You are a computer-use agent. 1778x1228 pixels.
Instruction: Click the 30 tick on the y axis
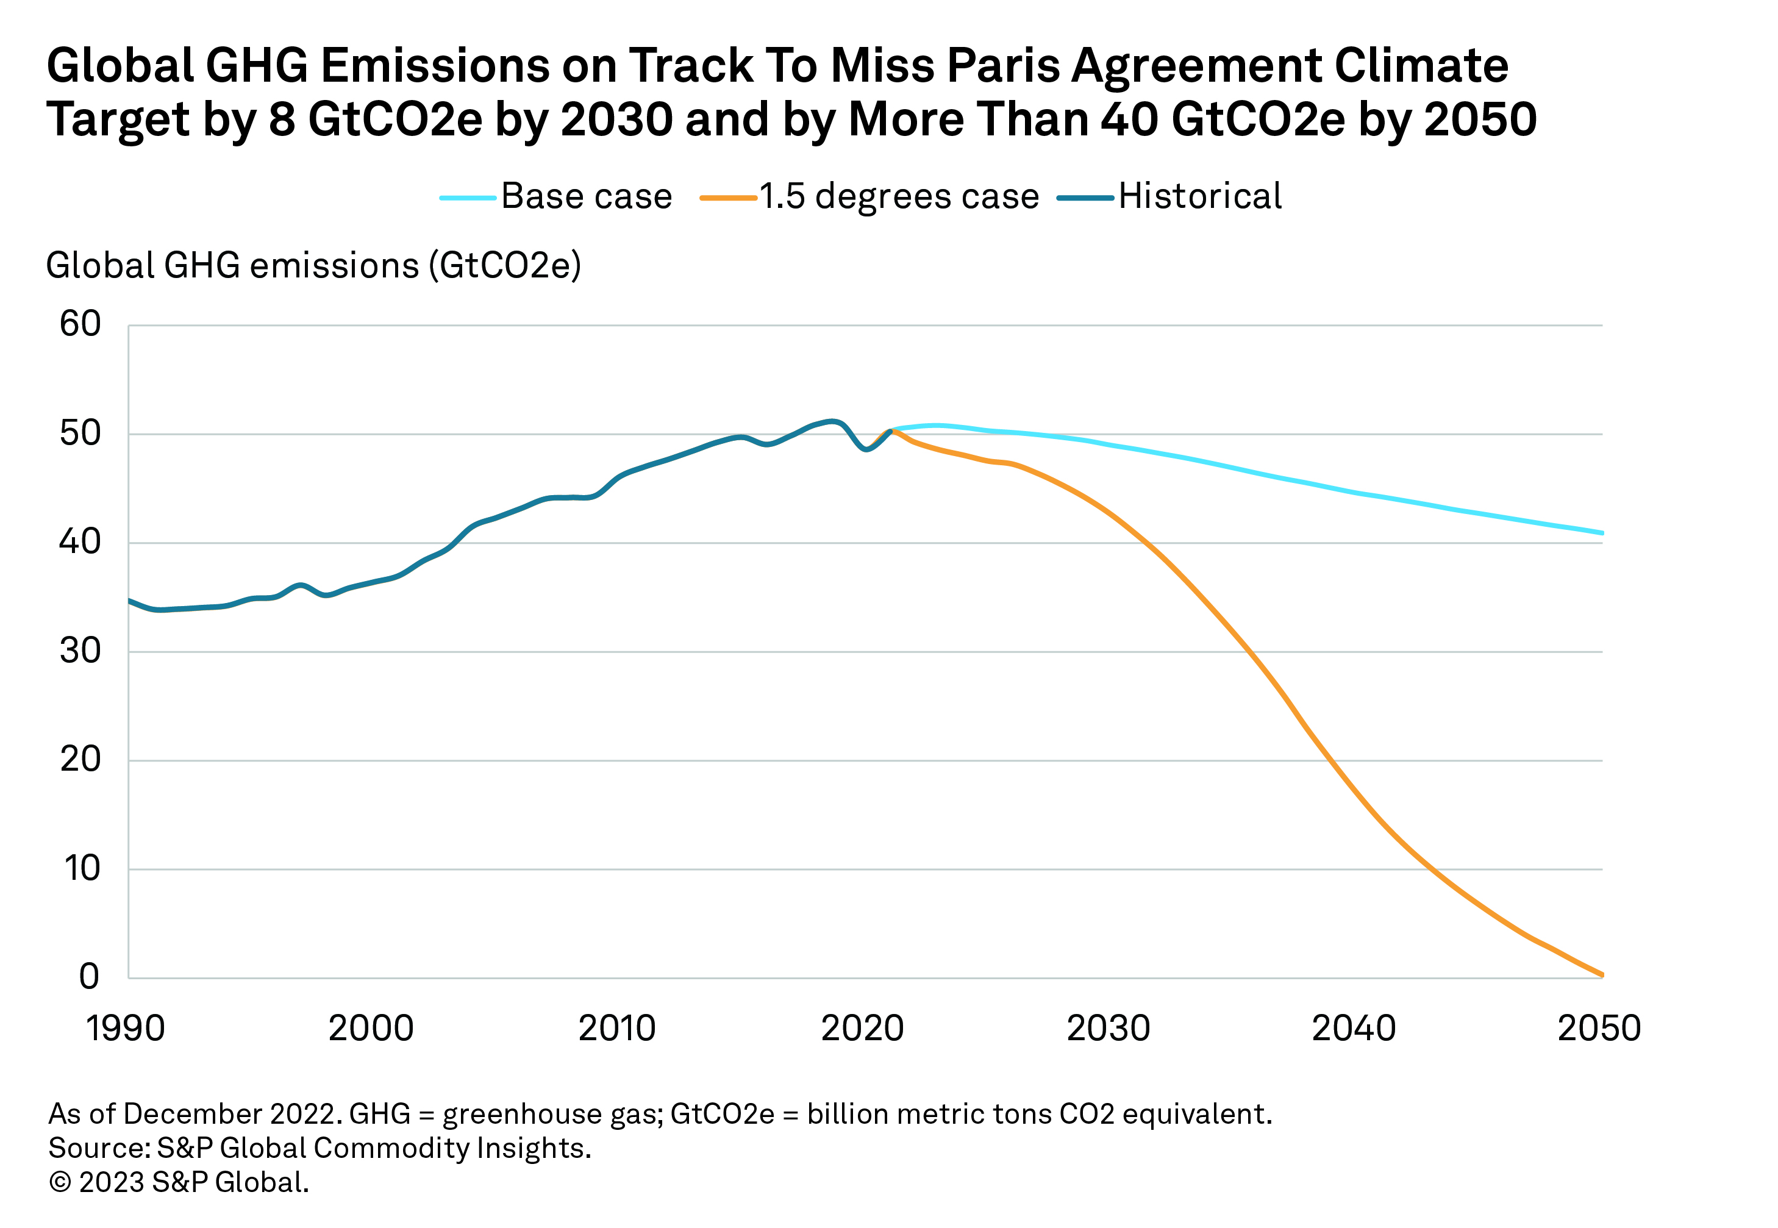tap(80, 651)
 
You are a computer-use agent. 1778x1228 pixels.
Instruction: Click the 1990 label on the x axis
tap(126, 1028)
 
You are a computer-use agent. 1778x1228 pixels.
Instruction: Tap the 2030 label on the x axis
tap(1108, 1028)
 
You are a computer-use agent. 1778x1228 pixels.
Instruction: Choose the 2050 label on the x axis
tap(1599, 1028)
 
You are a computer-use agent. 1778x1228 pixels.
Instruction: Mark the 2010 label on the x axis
tap(617, 1028)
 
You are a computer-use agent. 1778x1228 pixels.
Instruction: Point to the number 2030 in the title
tap(616, 120)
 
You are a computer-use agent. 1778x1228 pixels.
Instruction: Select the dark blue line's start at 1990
tap(129, 600)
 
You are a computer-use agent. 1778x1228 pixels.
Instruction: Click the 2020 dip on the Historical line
tap(867, 449)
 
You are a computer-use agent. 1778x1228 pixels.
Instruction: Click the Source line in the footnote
tap(320, 1148)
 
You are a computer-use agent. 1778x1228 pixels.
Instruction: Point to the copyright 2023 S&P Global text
tap(179, 1182)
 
